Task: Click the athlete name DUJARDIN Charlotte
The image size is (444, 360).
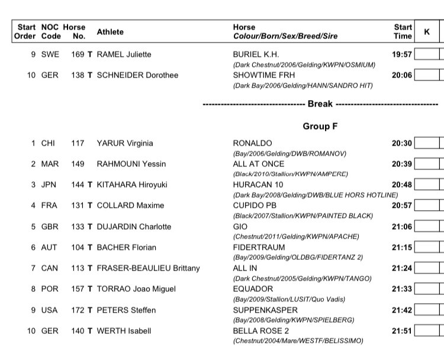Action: click(x=134, y=227)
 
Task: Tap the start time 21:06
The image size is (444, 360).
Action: click(x=401, y=227)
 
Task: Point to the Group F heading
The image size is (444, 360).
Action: click(x=320, y=126)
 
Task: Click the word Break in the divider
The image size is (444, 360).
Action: click(x=320, y=104)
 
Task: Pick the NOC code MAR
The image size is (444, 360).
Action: click(x=50, y=164)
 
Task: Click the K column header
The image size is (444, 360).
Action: click(x=427, y=31)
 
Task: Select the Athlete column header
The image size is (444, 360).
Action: click(x=111, y=31)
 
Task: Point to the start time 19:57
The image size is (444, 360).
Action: click(x=401, y=54)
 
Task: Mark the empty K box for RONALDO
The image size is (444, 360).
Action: click(x=427, y=143)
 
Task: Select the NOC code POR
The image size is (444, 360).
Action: click(x=50, y=290)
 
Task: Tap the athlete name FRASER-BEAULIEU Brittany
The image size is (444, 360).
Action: click(x=148, y=268)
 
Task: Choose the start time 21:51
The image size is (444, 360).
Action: click(x=401, y=331)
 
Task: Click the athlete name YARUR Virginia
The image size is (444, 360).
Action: click(x=125, y=143)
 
